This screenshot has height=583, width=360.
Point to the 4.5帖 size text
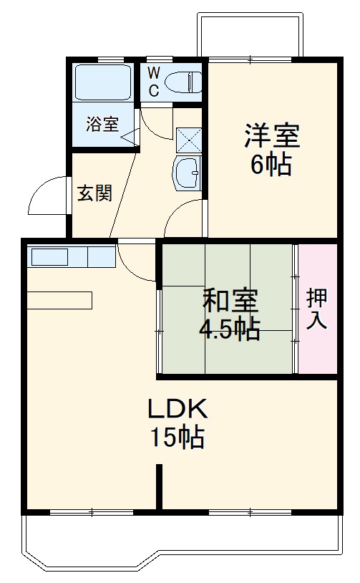(229, 330)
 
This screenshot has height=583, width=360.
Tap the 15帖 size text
(177, 437)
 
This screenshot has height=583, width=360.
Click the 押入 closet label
(317, 309)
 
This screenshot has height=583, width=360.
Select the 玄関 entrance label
(94, 193)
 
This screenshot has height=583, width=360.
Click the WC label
(154, 80)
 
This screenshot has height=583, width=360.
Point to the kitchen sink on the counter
(49, 256)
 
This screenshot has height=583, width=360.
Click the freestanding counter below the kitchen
(60, 300)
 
